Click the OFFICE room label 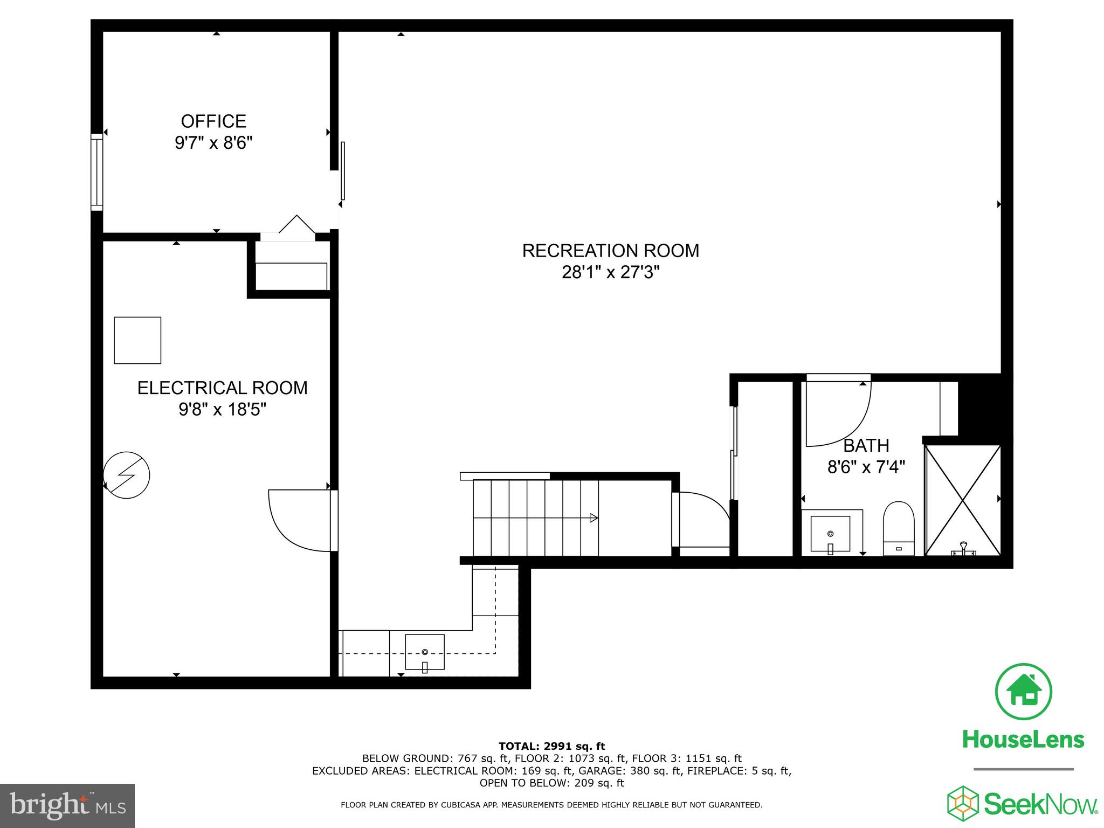coord(213,121)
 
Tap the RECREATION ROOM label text coord(610,251)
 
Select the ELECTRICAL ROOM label coord(222,388)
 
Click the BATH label coord(866,446)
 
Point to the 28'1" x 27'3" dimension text coord(610,273)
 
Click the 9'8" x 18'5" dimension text coord(222,410)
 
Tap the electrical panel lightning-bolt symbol coord(127,475)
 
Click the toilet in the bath coord(899,528)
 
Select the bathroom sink coord(830,534)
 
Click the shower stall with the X coord(963,500)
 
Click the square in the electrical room coord(137,340)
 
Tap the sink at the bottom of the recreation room coord(425,652)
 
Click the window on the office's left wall coord(96,172)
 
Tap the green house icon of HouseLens coord(1023,692)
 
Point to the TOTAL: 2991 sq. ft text coord(551,746)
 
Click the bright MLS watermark coord(67,805)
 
